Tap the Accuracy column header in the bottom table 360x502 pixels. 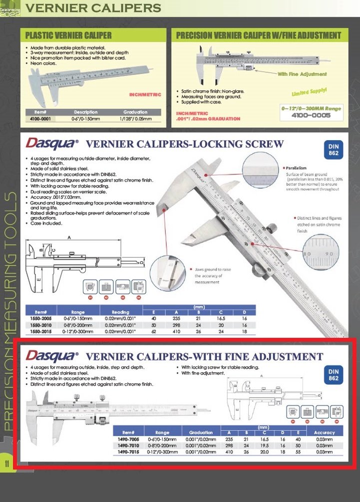pos(324,432)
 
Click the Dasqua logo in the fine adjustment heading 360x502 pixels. pos(52,356)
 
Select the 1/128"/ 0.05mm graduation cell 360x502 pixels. pos(136,119)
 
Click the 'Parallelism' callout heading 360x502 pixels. pos(298,168)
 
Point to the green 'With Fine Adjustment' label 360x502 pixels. pos(302,74)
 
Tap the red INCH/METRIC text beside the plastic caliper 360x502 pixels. pos(145,94)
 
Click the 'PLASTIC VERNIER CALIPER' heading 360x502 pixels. pos(68,35)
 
